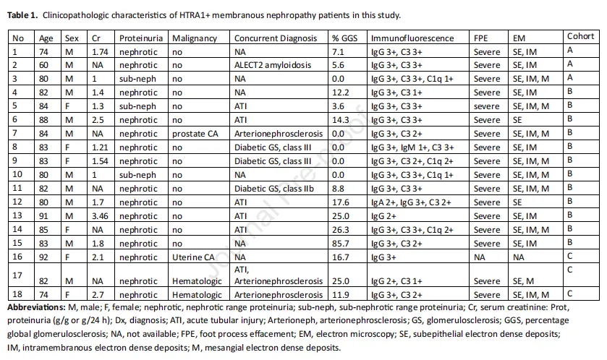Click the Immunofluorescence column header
(x=412, y=38)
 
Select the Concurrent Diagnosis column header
(x=276, y=38)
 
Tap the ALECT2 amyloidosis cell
(x=273, y=65)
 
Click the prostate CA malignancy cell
(x=195, y=134)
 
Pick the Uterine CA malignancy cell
(x=193, y=257)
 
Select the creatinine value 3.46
(x=100, y=216)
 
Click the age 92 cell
(x=43, y=257)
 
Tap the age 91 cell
(x=43, y=216)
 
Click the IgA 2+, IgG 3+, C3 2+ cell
(x=411, y=202)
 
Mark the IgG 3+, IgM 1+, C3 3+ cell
(x=412, y=147)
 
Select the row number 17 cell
(x=17, y=275)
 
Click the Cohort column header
(x=581, y=36)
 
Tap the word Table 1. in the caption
(x=22, y=15)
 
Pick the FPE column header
(x=481, y=38)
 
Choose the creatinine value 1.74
(x=100, y=52)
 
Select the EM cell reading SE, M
(x=523, y=281)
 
